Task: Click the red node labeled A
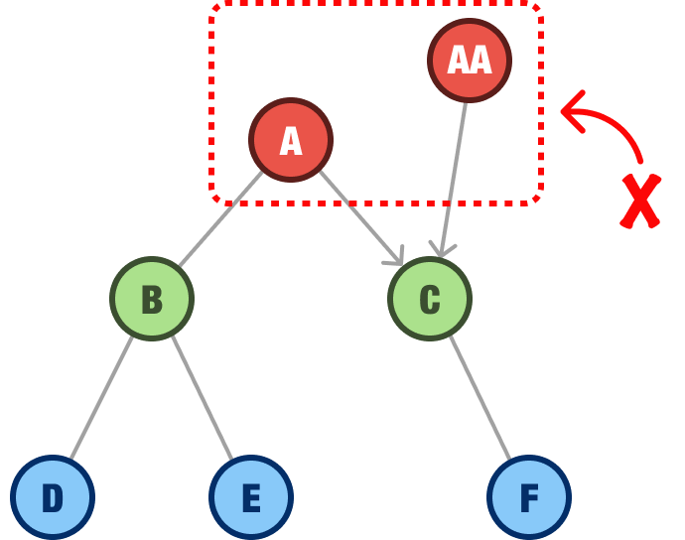coord(291,140)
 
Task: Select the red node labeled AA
coord(470,61)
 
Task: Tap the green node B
coord(152,299)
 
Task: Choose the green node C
coord(430,299)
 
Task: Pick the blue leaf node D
coord(53,497)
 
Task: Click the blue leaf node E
coord(251,497)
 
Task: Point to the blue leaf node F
coord(529,497)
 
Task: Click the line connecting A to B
coord(220,219)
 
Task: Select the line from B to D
coord(102,397)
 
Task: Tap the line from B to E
coord(202,397)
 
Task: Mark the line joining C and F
coord(479,397)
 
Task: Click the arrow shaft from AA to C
coord(455,169)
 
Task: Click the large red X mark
coord(640,202)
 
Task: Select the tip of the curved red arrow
coord(563,108)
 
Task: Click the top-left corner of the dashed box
coord(213,7)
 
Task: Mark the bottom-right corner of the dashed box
coord(540,202)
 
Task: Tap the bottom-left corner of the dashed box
coord(213,202)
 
